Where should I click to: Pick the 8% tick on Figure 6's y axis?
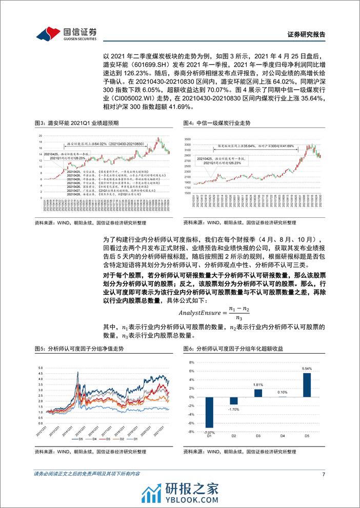(190, 362)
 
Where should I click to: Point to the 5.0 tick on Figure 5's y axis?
(42, 368)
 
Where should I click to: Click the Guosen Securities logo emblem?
(46, 34)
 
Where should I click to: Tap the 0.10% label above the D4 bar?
(283, 392)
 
